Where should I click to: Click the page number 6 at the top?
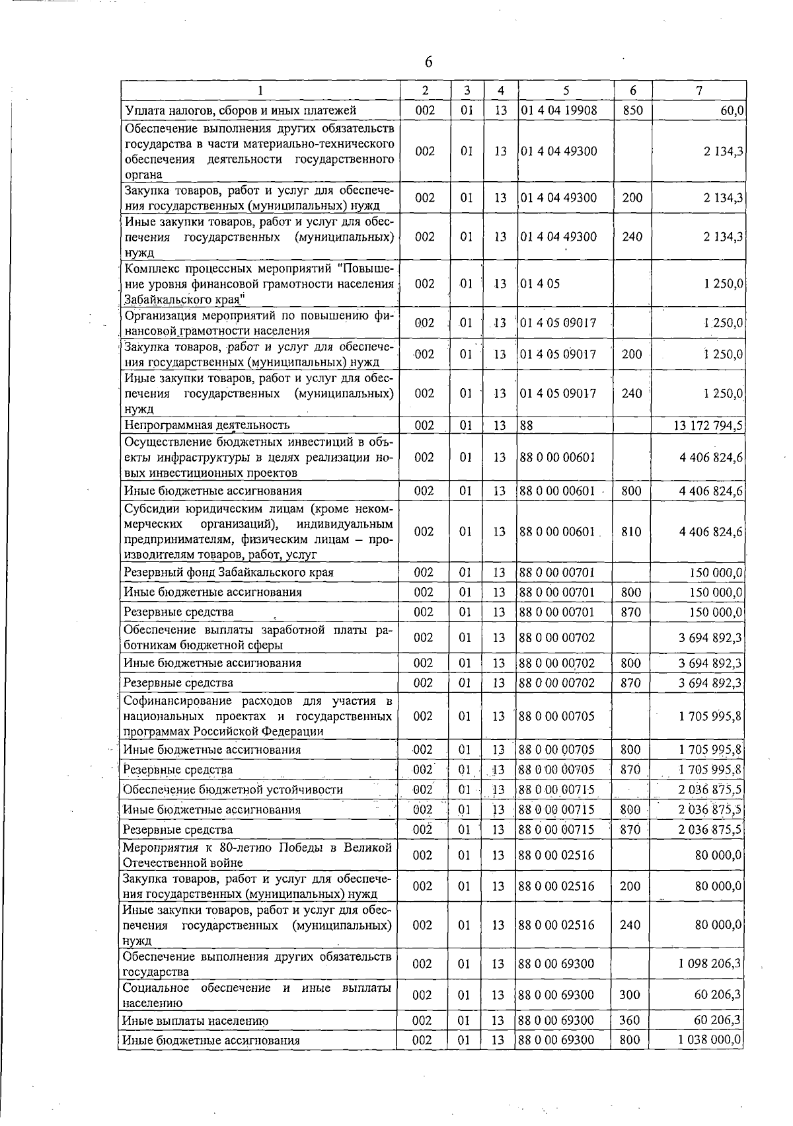click(x=428, y=62)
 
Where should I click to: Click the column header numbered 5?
click(x=566, y=91)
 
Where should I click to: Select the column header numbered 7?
click(x=699, y=91)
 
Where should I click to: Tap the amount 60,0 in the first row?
click(x=730, y=110)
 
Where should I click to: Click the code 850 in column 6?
click(x=632, y=110)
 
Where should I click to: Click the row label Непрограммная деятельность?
click(x=207, y=425)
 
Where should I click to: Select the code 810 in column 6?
click(x=631, y=532)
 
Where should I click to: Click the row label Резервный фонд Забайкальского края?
click(x=229, y=572)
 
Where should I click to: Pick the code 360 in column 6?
click(x=629, y=1021)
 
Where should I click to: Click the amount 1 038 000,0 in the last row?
click(x=710, y=1040)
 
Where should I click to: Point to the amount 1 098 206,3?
click(x=710, y=964)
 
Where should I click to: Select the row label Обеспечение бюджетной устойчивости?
click(x=233, y=789)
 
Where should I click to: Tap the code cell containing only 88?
click(x=526, y=425)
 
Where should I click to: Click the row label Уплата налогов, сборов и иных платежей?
click(x=241, y=110)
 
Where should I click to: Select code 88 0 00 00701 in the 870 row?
click(x=557, y=612)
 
